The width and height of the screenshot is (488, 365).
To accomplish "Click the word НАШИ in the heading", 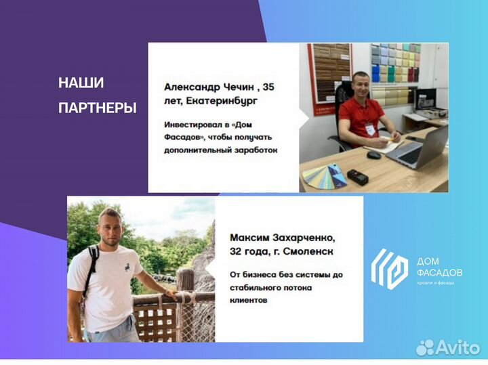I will [x=81, y=83].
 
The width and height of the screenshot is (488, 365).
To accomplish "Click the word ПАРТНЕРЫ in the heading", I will [x=98, y=108].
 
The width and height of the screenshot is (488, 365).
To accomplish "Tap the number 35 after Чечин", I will [x=268, y=87].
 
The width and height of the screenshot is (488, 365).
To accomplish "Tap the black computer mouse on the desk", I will [x=373, y=154].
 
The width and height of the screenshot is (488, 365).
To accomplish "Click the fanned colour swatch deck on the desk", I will [x=324, y=175].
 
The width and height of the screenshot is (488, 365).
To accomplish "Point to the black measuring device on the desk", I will [x=357, y=177].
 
